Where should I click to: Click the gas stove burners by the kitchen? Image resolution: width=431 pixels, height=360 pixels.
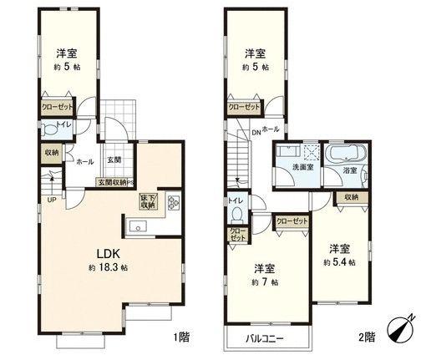[x=174, y=202]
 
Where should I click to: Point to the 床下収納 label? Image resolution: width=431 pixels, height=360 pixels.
[x=148, y=201]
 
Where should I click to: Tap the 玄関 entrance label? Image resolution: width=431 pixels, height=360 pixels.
[x=114, y=160]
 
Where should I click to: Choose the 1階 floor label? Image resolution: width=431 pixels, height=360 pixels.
[x=181, y=337]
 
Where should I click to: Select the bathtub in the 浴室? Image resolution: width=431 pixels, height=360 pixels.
[x=346, y=154]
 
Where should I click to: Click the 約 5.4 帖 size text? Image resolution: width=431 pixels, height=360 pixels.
[x=339, y=262]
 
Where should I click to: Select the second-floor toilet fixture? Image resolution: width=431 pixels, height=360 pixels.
[x=235, y=213]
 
